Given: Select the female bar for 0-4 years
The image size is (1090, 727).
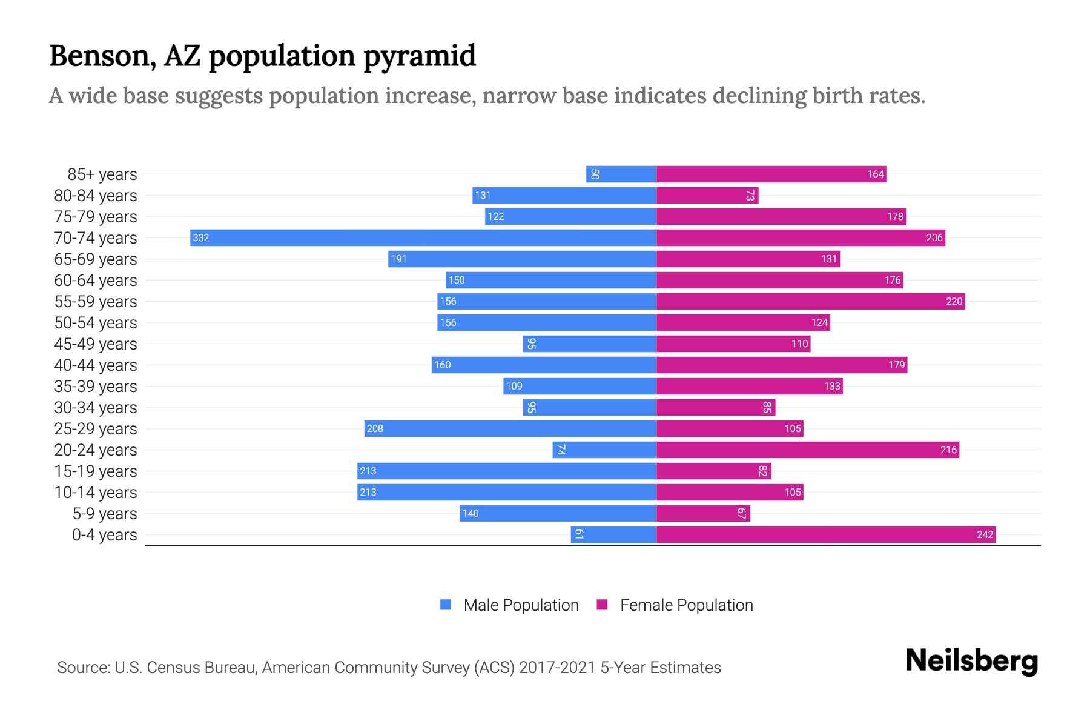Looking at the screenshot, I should pyautogui.click(x=825, y=534).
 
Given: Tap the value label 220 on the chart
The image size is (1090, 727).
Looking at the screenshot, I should pyautogui.click(x=954, y=301).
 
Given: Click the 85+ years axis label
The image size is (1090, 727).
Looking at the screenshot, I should pyautogui.click(x=102, y=174).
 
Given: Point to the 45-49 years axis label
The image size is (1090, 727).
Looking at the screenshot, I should pyautogui.click(x=96, y=344).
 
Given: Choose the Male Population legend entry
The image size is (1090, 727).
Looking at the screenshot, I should pyautogui.click(x=521, y=605).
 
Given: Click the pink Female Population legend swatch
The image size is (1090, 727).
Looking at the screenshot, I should pyautogui.click(x=602, y=605).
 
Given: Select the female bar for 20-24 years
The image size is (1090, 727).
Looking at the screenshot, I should pyautogui.click(x=807, y=450).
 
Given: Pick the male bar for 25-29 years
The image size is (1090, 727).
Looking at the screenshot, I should pyautogui.click(x=510, y=428).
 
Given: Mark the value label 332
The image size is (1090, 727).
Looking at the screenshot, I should pyautogui.click(x=200, y=237).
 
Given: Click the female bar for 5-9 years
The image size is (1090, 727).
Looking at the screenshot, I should pyautogui.click(x=702, y=513).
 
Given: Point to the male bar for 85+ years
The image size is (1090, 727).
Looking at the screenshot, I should pyautogui.click(x=621, y=174).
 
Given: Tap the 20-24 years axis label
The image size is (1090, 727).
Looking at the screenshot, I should pyautogui.click(x=96, y=450).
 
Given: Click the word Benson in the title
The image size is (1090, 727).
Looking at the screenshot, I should pyautogui.click(x=99, y=56).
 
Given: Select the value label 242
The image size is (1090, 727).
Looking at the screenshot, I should pyautogui.click(x=985, y=534).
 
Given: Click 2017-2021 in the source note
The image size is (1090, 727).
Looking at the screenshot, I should pyautogui.click(x=557, y=668).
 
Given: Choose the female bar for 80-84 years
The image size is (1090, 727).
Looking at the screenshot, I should pyautogui.click(x=707, y=195).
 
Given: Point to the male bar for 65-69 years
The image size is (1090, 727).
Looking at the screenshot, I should pyautogui.click(x=522, y=259).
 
